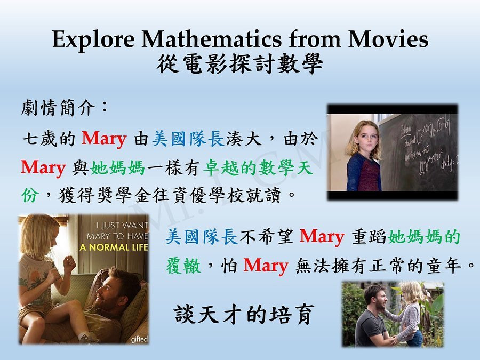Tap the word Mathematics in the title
[211, 39]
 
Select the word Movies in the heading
[388, 39]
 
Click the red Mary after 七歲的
[104, 139]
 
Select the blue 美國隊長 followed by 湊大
[188, 139]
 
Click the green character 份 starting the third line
[30, 195]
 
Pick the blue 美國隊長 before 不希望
[202, 236]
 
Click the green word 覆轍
[183, 265]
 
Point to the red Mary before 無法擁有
[266, 266]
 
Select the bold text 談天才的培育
[244, 314]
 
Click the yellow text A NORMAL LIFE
[114, 247]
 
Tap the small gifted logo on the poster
[139, 339]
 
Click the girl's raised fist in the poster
[69, 262]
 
